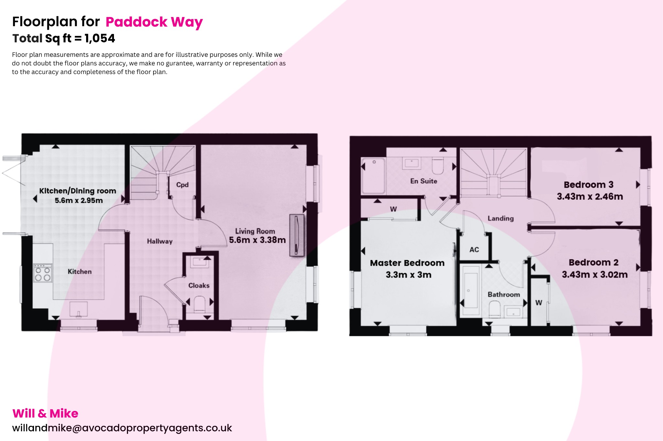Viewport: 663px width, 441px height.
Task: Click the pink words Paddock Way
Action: tap(154, 22)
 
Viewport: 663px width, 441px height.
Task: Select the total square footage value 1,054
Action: tap(100, 38)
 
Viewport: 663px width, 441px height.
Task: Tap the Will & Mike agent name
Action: tap(45, 414)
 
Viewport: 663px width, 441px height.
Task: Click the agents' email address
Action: tap(122, 428)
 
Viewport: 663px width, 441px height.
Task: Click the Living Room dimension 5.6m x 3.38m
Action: tap(257, 240)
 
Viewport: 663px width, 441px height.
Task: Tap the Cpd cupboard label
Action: tap(182, 185)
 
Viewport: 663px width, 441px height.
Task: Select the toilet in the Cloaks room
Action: tap(199, 304)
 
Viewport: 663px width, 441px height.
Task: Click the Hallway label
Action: tap(160, 241)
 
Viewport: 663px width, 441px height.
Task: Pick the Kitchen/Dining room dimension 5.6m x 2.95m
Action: tap(79, 200)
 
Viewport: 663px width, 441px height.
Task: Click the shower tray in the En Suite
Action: tap(374, 176)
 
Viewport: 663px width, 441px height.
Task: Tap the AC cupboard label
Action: tap(474, 250)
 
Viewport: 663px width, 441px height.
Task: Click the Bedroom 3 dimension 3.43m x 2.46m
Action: tap(590, 197)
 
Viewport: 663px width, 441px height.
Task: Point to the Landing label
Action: tap(500, 219)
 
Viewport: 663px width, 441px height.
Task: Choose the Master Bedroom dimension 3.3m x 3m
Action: tap(409, 275)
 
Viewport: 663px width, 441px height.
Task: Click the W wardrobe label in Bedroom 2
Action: tap(539, 303)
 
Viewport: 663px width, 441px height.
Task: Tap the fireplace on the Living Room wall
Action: tap(297, 235)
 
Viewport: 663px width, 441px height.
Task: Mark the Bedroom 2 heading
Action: tap(593, 262)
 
